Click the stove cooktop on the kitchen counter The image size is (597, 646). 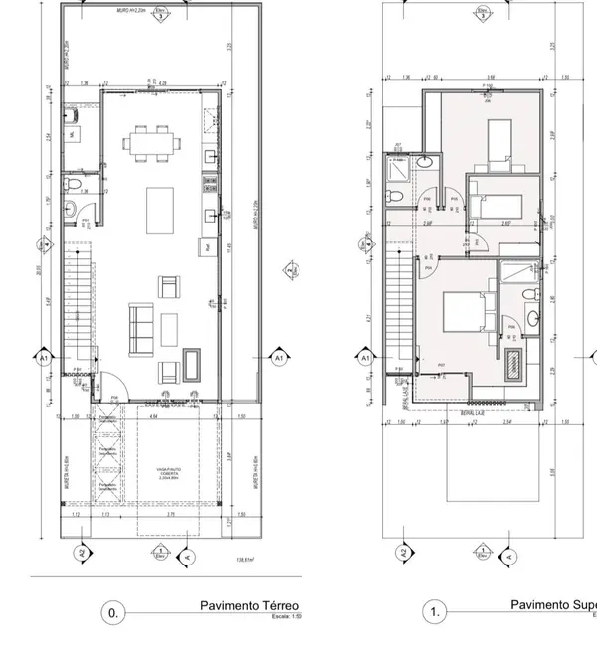pyautogui.click(x=210, y=182)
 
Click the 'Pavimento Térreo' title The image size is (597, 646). pyautogui.click(x=249, y=605)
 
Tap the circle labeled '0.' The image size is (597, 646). pyautogui.click(x=112, y=613)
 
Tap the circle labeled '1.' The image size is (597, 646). pyautogui.click(x=435, y=613)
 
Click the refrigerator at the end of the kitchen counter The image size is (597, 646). pyautogui.click(x=207, y=245)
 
